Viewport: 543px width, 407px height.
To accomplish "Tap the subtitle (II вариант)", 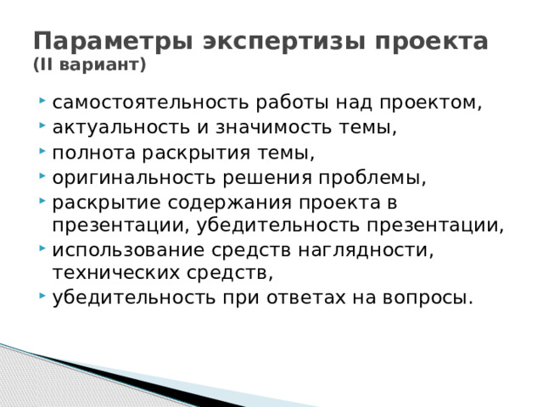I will coord(89,64).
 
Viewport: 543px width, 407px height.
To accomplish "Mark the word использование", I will coord(117,252).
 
